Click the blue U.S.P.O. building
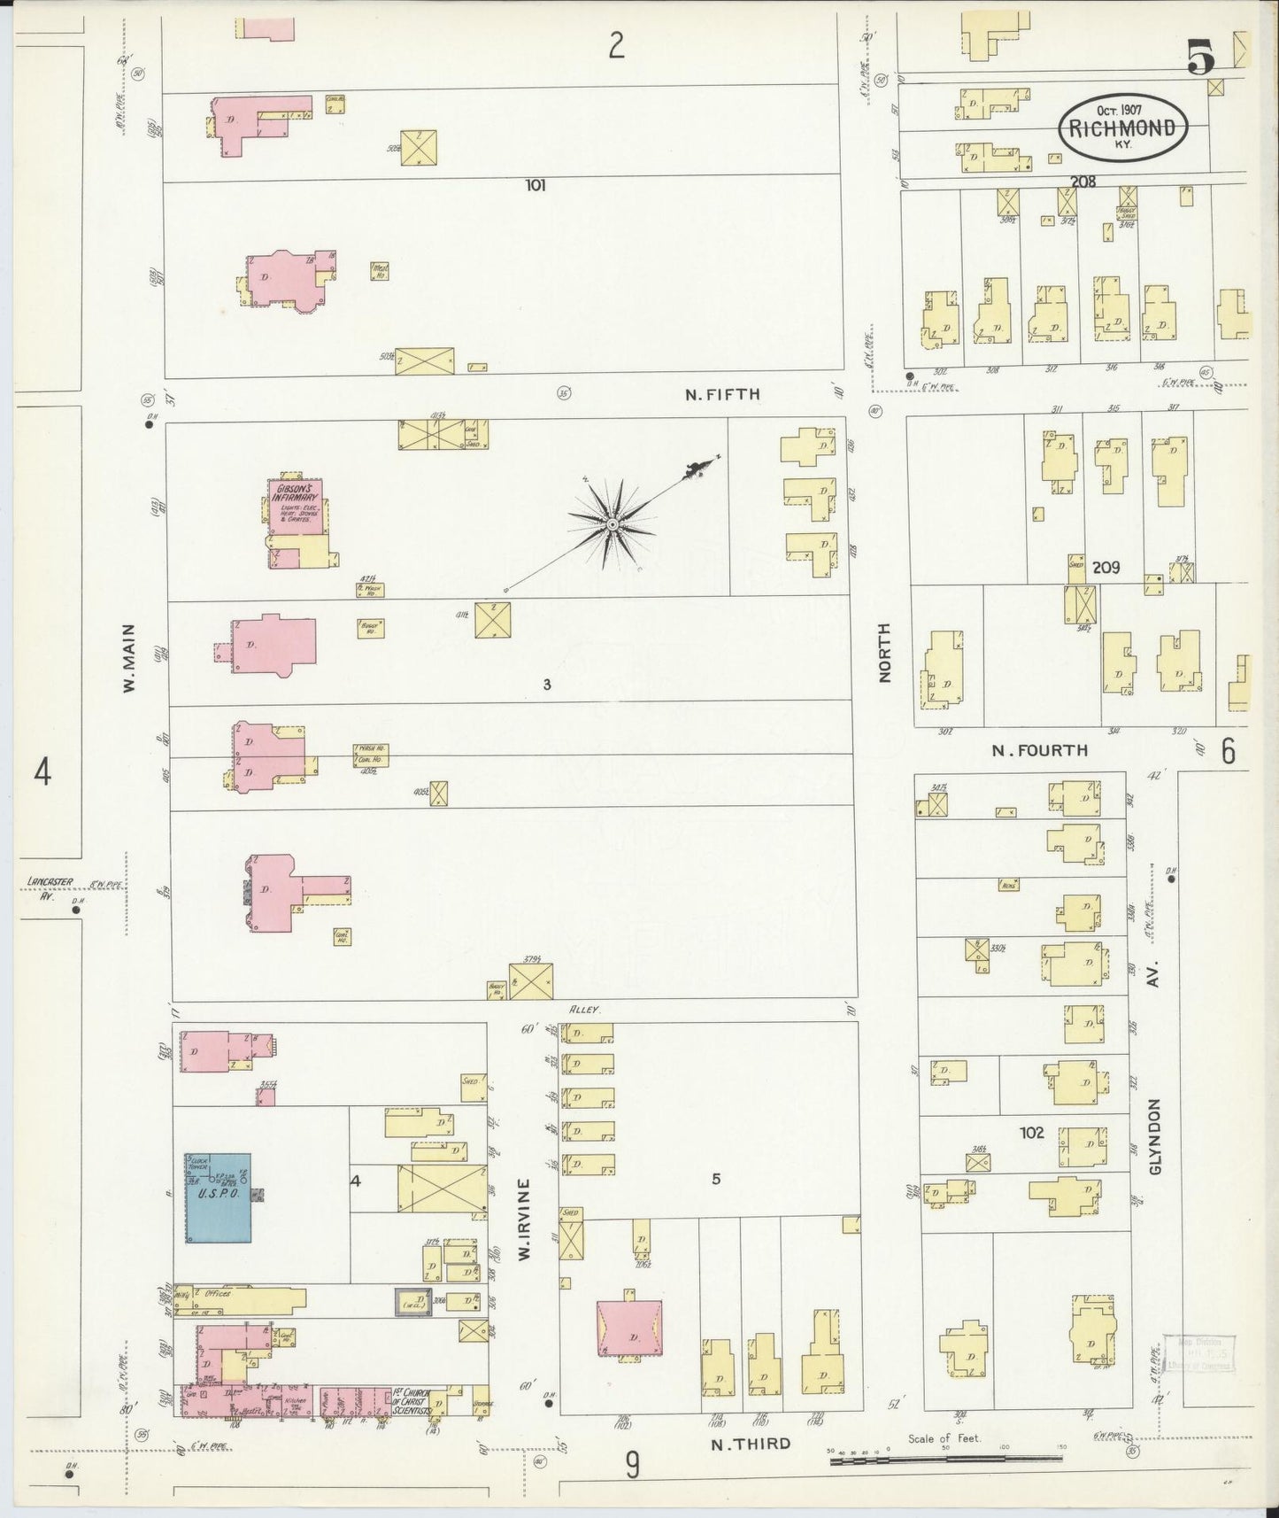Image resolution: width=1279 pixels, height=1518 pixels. (217, 1197)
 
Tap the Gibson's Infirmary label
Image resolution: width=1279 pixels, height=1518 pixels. (295, 492)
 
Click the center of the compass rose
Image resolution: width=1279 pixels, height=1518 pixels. (612, 525)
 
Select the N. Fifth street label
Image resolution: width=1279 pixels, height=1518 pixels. (722, 394)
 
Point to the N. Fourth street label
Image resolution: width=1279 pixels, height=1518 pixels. (1039, 750)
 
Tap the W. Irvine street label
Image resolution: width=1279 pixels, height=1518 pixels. (524, 1219)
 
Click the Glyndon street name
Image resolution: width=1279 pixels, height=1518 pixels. (1153, 1136)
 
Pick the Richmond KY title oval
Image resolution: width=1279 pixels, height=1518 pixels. (1122, 128)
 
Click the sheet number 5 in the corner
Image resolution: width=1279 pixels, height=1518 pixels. (1200, 59)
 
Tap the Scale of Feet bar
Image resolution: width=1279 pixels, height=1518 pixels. (947, 1460)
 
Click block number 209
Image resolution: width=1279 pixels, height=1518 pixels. (1106, 567)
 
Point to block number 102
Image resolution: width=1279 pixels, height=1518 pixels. (1032, 1132)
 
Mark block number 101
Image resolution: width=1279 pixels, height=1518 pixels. (535, 185)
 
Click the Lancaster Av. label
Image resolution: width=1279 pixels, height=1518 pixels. (51, 887)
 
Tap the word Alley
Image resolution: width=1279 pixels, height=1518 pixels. (585, 1009)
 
